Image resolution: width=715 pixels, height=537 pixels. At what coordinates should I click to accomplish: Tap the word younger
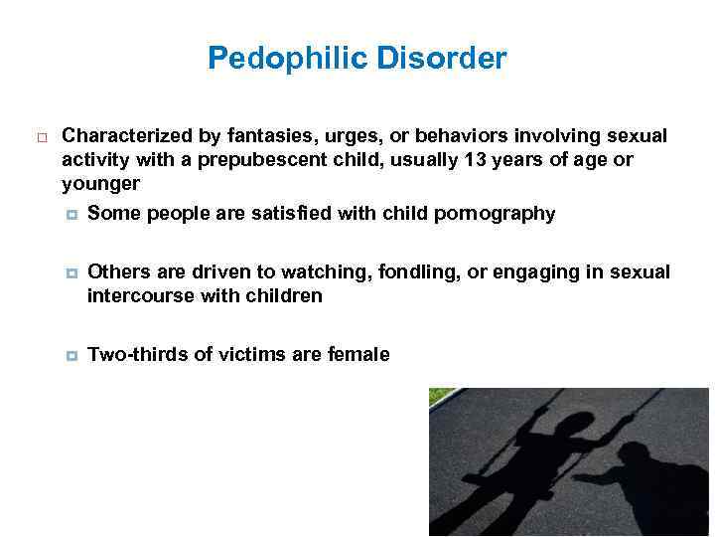point(100,184)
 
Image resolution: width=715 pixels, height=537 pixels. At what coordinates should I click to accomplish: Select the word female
point(357,354)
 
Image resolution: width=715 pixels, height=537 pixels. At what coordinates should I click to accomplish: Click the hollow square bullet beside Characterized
point(39,136)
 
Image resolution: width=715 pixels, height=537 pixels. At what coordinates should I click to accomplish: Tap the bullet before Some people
point(71,215)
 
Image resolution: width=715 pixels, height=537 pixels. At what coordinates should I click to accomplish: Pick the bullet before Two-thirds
point(71,355)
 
